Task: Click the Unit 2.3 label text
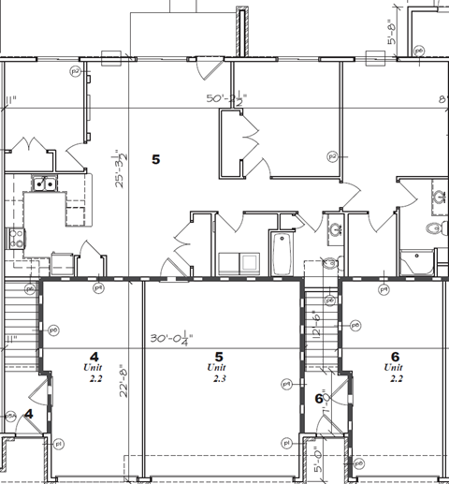click(219, 373)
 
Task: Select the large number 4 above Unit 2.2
click(94, 356)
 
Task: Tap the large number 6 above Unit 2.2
click(395, 357)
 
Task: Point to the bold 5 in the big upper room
click(155, 159)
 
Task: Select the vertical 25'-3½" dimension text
click(119, 169)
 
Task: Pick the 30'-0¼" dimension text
click(171, 339)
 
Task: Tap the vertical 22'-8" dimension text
click(122, 381)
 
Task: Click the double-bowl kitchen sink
click(42, 184)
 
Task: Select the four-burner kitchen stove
click(14, 238)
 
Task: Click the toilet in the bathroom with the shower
click(432, 229)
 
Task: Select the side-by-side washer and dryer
click(238, 263)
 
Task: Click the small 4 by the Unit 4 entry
click(29, 414)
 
